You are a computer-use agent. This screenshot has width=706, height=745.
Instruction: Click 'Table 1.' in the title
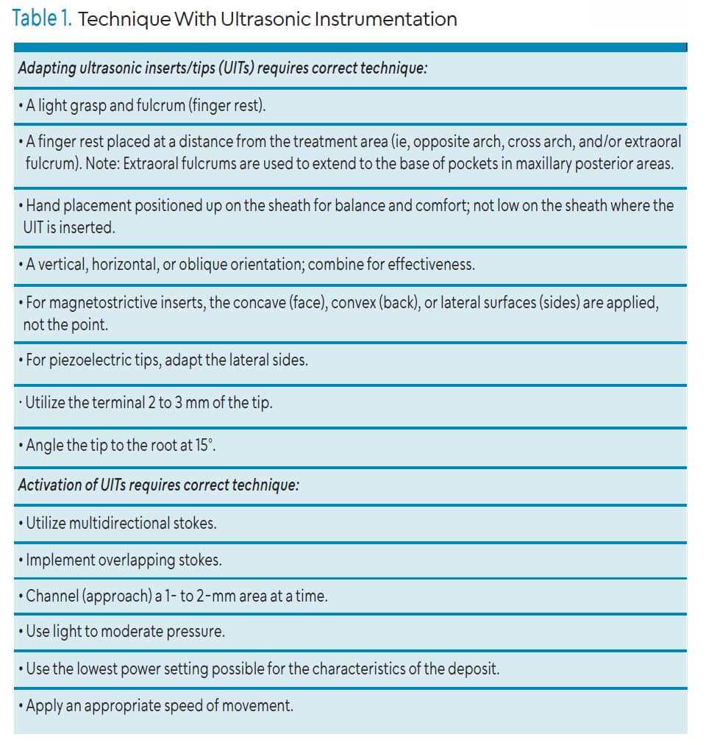tap(42, 18)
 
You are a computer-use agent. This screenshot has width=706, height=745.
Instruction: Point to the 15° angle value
tap(204, 445)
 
